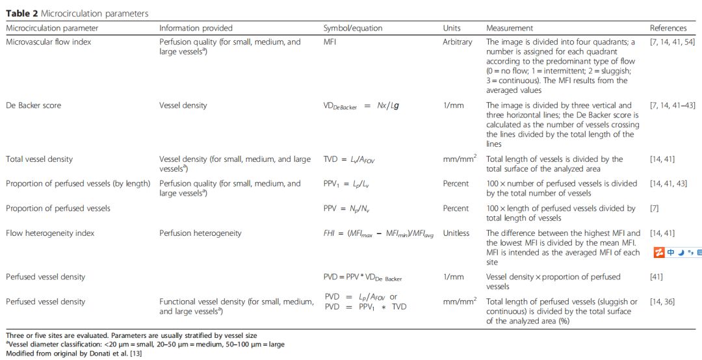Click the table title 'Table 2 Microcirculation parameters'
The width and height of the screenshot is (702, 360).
click(x=77, y=14)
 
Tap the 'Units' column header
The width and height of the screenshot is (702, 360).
click(x=452, y=29)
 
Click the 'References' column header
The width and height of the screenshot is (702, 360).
click(x=668, y=29)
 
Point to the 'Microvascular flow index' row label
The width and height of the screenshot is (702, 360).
click(x=49, y=42)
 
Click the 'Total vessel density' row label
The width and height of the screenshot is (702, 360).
click(x=40, y=159)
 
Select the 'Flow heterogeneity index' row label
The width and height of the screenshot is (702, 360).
click(x=50, y=233)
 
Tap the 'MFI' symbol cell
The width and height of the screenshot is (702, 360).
click(x=331, y=42)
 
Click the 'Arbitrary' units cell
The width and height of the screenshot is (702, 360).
click(x=458, y=42)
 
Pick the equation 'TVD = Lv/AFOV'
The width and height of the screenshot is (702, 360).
click(x=354, y=159)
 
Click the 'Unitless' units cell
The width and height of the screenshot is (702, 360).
click(x=456, y=233)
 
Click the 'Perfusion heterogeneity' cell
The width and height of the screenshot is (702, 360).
click(x=200, y=233)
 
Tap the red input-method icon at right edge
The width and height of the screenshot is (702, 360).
click(x=658, y=253)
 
